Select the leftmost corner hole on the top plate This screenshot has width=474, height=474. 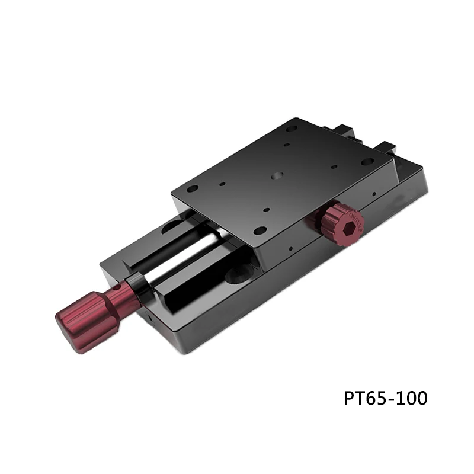click(193, 190)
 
